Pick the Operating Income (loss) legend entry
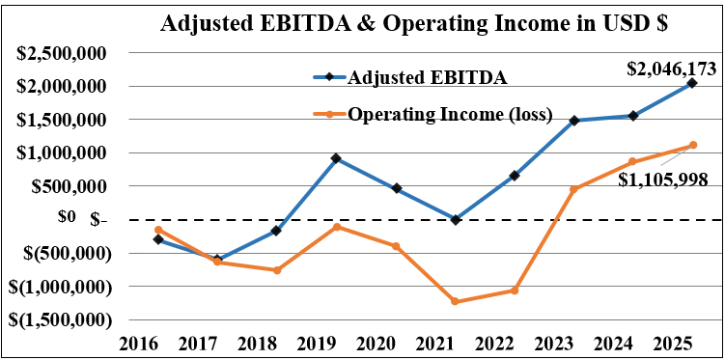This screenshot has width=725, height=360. click(x=449, y=114)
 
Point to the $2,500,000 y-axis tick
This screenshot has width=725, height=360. click(x=61, y=53)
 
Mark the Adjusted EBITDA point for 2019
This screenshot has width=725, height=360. click(x=336, y=158)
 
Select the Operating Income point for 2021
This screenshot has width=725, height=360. click(x=455, y=302)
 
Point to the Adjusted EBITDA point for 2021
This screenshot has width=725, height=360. click(x=455, y=220)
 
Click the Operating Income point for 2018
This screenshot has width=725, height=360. click(x=276, y=270)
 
